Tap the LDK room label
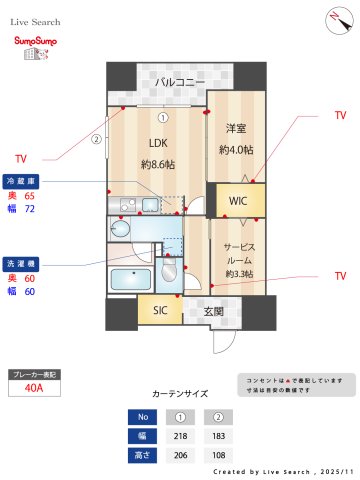[x=159, y=141]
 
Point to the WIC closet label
[x=238, y=201]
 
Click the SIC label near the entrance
[x=160, y=311]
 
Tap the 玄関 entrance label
[x=213, y=311]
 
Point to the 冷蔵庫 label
[x=22, y=181]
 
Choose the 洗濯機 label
[x=22, y=262]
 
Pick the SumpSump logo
[x=34, y=46]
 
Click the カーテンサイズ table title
[x=180, y=395]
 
